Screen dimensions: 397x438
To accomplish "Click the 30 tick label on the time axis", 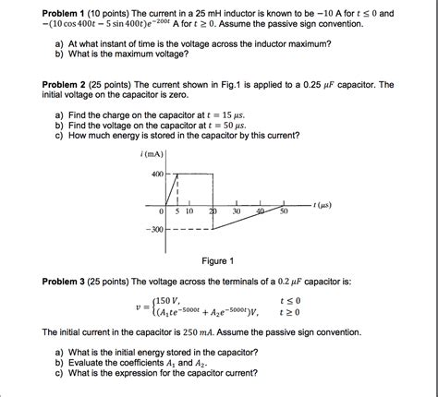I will click(237, 211).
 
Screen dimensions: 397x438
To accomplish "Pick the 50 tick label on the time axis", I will click(284, 211).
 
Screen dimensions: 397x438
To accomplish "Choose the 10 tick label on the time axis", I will click(189, 211).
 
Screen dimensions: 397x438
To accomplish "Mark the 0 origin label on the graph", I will click(162, 211).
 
